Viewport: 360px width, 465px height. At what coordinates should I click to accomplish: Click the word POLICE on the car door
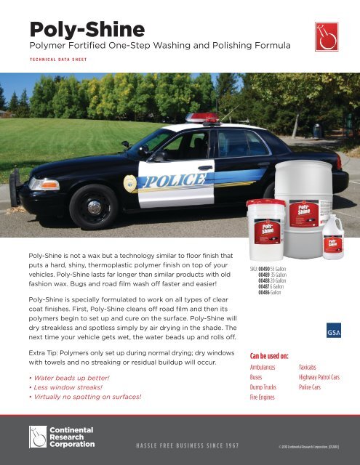click(175, 179)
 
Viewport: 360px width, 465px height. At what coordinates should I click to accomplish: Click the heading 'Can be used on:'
click(270, 356)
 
